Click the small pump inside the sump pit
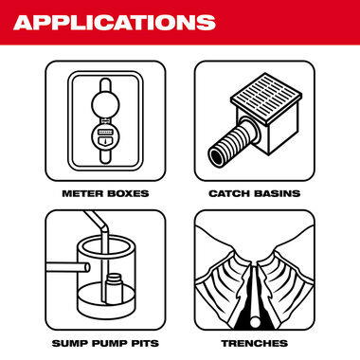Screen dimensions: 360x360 tap(115, 287)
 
